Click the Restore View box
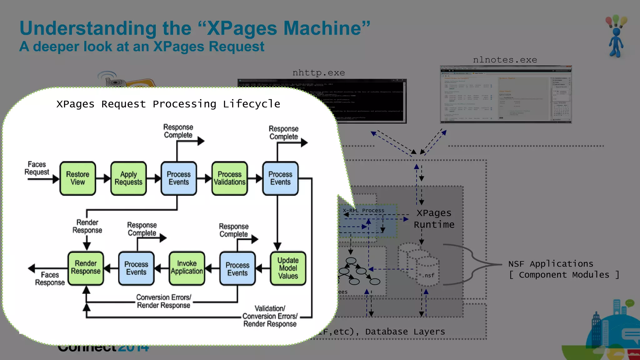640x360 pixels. [77, 178]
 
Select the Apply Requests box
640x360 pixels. [128, 178]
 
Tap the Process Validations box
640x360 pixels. [230, 178]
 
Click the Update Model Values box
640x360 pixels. [288, 268]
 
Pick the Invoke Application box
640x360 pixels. [187, 268]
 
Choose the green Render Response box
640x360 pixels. [86, 268]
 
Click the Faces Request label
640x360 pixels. [37, 168]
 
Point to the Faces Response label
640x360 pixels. [50, 279]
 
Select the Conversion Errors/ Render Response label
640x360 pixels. [163, 301]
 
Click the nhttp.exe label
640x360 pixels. [318, 73]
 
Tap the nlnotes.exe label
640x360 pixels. [505, 60]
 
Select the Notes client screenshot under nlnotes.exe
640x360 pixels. [506, 94]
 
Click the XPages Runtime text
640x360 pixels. [434, 219]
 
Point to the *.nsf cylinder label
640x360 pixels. [426, 275]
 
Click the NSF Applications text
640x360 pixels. [551, 264]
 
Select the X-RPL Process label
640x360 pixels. [363, 211]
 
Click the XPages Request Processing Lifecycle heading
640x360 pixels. [168, 104]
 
